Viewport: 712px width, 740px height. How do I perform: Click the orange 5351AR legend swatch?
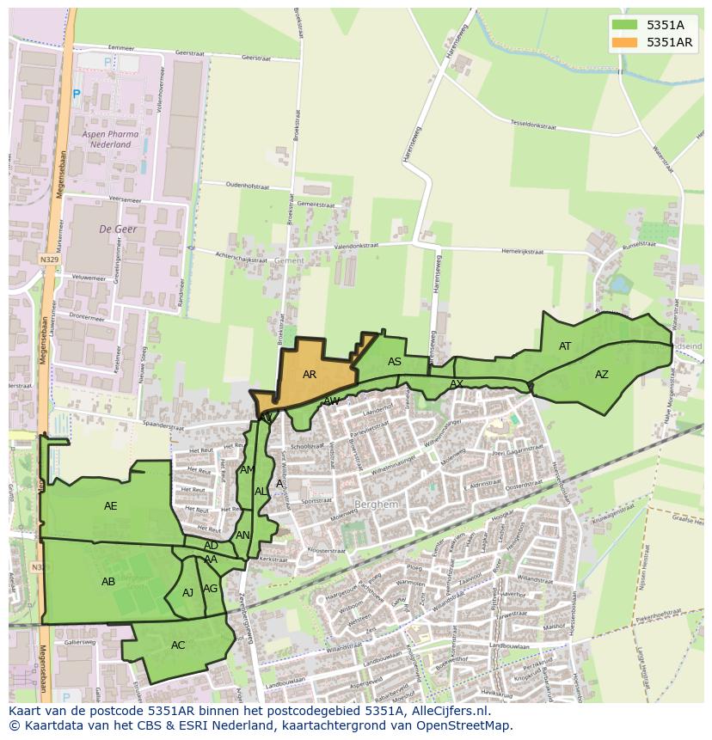[625, 42]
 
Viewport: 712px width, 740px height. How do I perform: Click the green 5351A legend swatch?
[625, 25]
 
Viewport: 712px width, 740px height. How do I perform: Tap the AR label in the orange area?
[310, 375]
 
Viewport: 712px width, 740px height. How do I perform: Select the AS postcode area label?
[395, 362]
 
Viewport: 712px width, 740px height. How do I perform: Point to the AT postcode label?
[565, 346]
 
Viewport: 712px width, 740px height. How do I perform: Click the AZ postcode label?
[602, 374]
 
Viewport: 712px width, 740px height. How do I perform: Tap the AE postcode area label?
[111, 505]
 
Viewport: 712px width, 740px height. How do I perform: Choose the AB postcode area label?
[108, 581]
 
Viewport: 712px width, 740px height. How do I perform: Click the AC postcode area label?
[178, 645]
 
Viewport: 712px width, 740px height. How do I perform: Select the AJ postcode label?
[187, 592]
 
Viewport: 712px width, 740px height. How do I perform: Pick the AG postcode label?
[210, 589]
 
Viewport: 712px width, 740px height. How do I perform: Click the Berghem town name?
[377, 505]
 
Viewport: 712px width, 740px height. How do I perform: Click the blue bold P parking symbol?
[77, 94]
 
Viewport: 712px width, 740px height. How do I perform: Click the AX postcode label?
[457, 383]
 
